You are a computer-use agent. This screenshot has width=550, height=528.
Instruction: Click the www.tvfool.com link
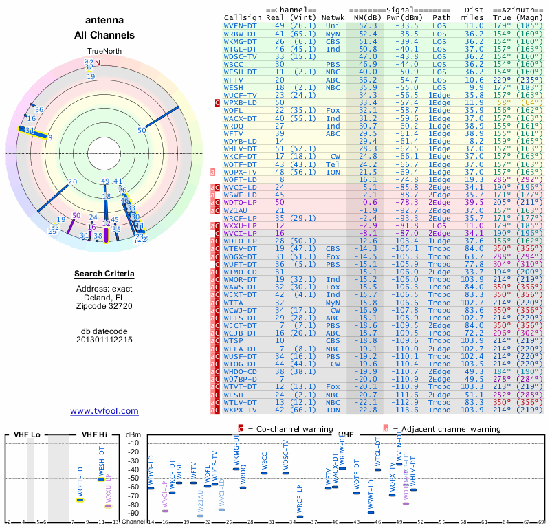(x=104, y=411)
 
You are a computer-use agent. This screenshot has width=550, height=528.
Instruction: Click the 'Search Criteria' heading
(x=104, y=274)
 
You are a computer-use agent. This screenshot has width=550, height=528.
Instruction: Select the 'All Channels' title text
(x=104, y=35)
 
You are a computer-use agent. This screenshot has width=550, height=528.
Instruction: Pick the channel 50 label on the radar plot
(x=142, y=129)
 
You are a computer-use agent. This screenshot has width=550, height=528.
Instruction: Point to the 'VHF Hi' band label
(x=94, y=434)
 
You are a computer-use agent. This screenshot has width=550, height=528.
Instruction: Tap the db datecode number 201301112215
(x=104, y=340)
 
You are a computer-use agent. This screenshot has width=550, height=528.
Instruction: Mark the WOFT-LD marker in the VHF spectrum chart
(x=80, y=500)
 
